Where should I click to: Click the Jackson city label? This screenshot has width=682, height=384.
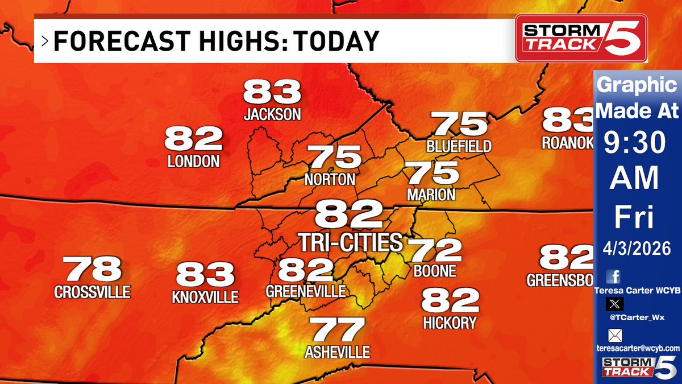pyautogui.click(x=272, y=114)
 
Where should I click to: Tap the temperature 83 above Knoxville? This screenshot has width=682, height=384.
pyautogui.click(x=205, y=275)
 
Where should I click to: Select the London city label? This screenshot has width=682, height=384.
pyautogui.click(x=194, y=161)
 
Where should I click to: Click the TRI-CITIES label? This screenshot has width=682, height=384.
pyautogui.click(x=351, y=242)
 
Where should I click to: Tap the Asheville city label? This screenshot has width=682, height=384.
pyautogui.click(x=337, y=352)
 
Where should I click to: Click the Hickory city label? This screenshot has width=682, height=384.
pyautogui.click(x=450, y=323)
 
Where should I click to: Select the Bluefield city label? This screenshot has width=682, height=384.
pyautogui.click(x=459, y=146)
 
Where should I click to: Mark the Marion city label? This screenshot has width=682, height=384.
pyautogui.click(x=430, y=195)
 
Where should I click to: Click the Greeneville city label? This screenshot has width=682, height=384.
pyautogui.click(x=306, y=291)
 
